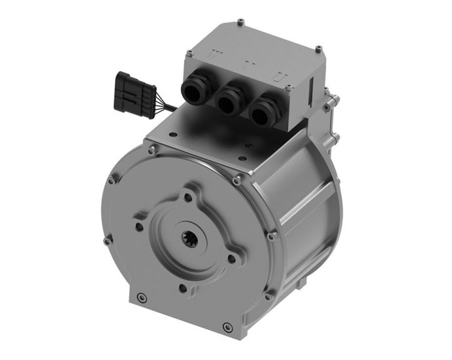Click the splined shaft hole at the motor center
point(187,240)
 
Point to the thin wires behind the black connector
point(168,104)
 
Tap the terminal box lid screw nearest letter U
point(318,48)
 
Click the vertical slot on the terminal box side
point(312,92)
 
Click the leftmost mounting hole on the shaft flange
point(140,227)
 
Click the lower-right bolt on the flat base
point(227,324)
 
